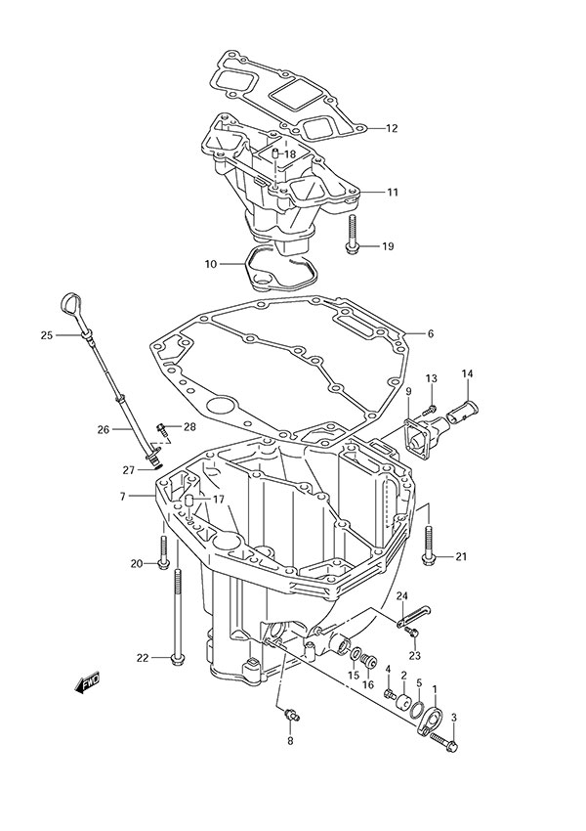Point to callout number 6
click(x=430, y=333)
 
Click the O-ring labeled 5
click(x=416, y=710)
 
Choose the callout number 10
click(x=211, y=264)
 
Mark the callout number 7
click(x=123, y=497)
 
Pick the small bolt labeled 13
click(x=431, y=398)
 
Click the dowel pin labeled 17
click(x=187, y=504)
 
